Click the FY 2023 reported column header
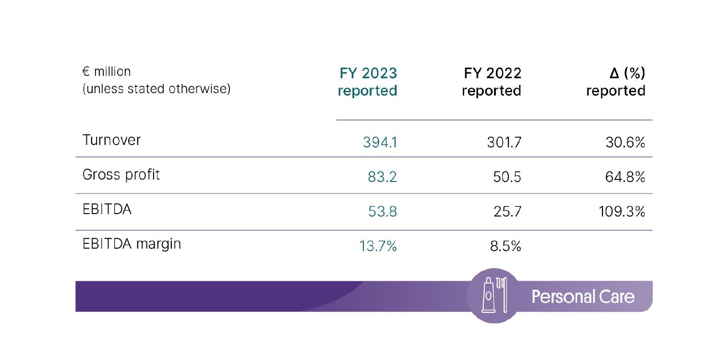click(368, 82)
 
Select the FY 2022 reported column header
click(492, 82)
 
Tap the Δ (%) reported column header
click(616, 82)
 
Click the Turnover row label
click(111, 140)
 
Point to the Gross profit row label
click(121, 175)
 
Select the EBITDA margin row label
click(132, 244)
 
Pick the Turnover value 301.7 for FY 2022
click(504, 143)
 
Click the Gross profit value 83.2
click(382, 177)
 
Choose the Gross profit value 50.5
click(507, 177)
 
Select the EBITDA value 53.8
click(382, 212)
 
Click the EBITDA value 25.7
click(507, 212)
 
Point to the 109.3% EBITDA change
click(622, 212)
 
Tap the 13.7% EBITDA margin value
click(378, 247)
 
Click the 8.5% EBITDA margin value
click(505, 247)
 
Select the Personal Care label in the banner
click(583, 297)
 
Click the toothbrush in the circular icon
click(501, 294)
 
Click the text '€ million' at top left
click(107, 72)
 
